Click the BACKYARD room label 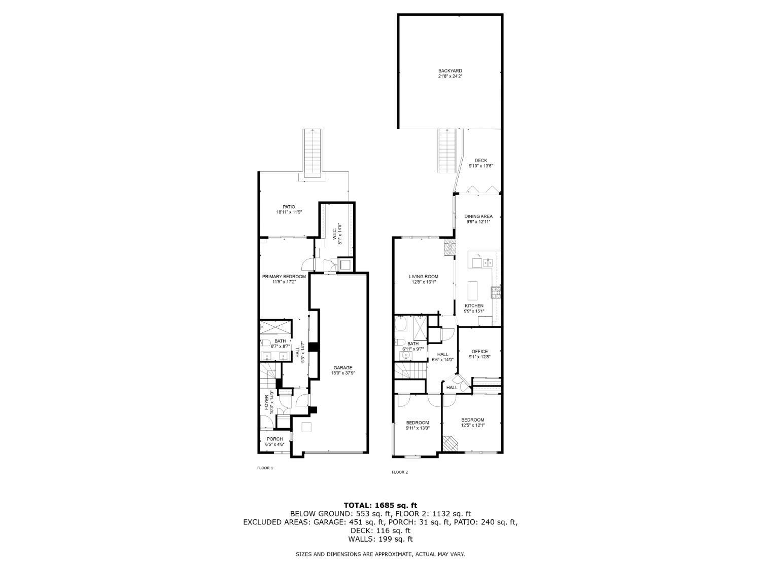(x=450, y=70)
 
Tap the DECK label (x=480, y=161)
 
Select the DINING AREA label (x=478, y=217)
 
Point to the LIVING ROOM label (x=423, y=277)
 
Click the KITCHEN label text (x=473, y=306)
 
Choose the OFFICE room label (x=479, y=351)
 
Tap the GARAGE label (x=343, y=367)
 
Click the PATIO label (x=289, y=207)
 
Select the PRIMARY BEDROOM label (x=284, y=277)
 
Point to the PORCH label (x=274, y=439)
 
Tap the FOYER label (x=267, y=402)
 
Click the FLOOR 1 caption (x=265, y=468)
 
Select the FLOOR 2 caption (x=400, y=472)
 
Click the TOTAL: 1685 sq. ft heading (x=380, y=505)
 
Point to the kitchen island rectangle (x=472, y=291)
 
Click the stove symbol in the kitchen (x=496, y=293)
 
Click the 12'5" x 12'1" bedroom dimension (x=472, y=425)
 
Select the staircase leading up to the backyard (x=446, y=151)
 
